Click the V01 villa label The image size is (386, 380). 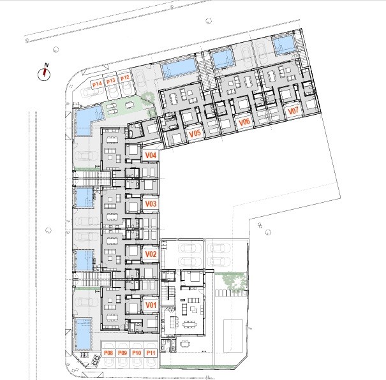[151, 305]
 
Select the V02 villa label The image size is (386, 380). [151, 254]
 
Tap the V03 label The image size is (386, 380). [151, 203]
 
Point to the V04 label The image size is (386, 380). [151, 156]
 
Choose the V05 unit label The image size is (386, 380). [195, 133]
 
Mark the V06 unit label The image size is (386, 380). [244, 122]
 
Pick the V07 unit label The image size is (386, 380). [293, 111]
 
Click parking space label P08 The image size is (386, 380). [108, 353]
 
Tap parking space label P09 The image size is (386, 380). [122, 353]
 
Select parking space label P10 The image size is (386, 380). [137, 353]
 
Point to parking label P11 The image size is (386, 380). [151, 353]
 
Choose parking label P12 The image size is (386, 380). [125, 78]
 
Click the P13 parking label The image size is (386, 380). [111, 81]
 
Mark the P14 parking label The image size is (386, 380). [97, 84]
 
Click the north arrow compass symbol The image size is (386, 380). [44, 74]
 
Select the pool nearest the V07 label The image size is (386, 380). [284, 45]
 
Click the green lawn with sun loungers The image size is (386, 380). [122, 108]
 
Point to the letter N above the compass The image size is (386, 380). [47, 65]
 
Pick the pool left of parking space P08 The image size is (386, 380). [83, 333]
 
